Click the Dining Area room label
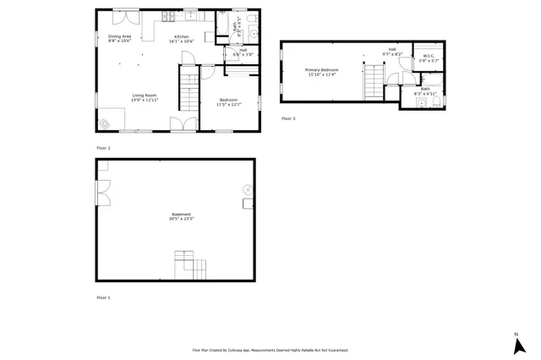coord(119,37)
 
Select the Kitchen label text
coord(183,37)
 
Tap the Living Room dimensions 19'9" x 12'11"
coord(145,101)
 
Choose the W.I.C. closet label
coord(429,57)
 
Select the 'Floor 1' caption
coord(103,297)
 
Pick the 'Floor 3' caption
coord(288,118)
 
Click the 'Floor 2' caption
coord(103,148)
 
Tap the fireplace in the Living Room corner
coord(104,124)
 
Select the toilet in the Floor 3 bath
coord(436,102)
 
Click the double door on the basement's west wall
coord(102,194)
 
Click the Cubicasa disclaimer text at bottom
coord(270,350)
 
